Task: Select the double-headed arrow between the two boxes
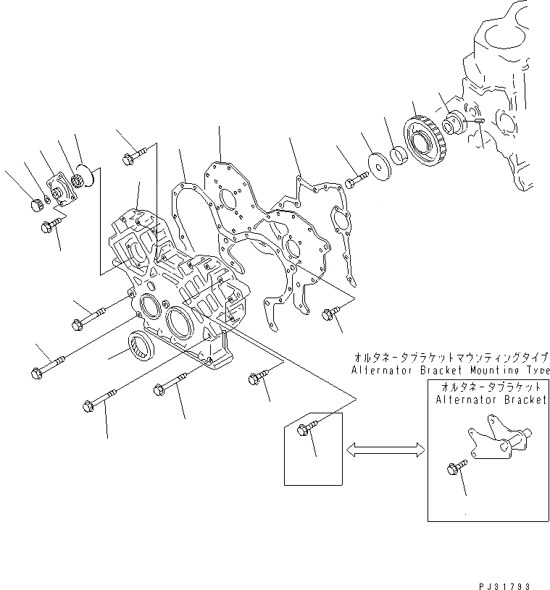click(x=385, y=450)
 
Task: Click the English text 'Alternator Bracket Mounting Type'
click(x=450, y=370)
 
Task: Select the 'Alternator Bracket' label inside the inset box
click(x=491, y=400)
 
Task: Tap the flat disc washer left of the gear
click(x=378, y=164)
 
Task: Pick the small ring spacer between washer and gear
click(x=399, y=154)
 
